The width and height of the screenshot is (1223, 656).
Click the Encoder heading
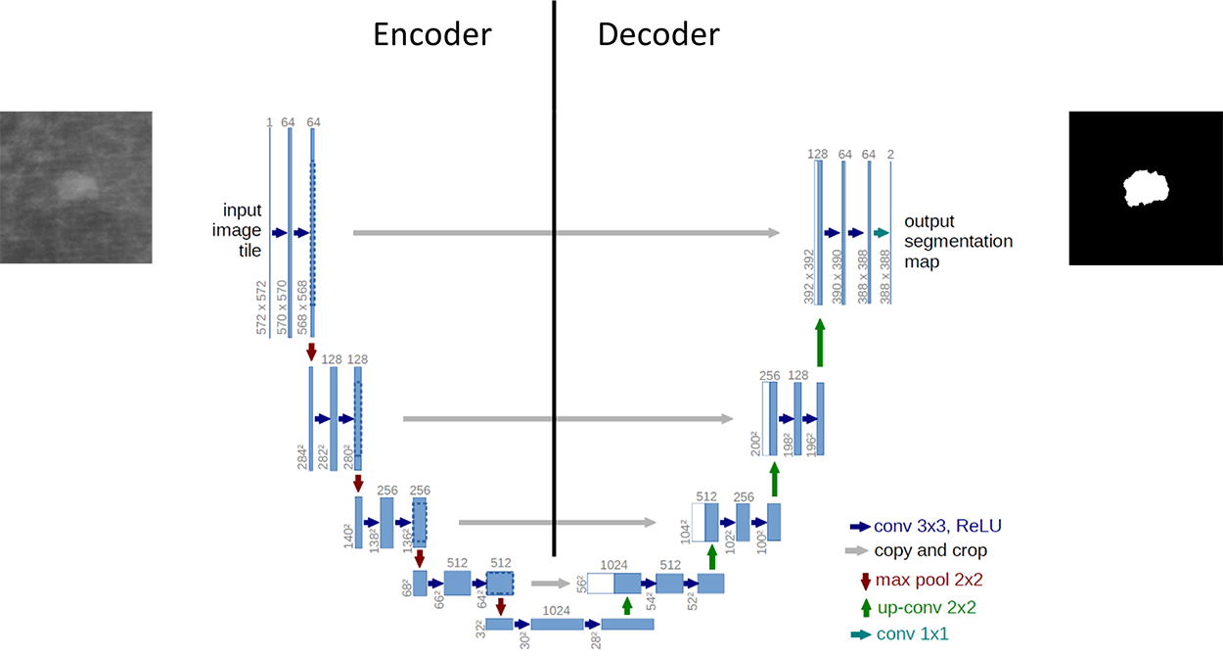point(431,35)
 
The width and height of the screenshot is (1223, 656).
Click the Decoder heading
point(658,35)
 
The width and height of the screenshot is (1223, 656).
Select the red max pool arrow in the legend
point(865,580)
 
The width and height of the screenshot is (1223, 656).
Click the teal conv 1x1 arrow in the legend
point(861,634)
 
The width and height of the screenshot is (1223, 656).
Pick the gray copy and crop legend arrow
point(860,551)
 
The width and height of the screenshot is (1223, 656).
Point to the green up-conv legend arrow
point(865,607)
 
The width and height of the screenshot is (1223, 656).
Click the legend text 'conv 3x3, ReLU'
point(938,526)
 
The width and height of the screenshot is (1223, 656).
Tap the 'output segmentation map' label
point(958,241)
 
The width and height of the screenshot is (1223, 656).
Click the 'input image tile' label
point(242,230)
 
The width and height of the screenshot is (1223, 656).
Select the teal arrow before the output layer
point(881,233)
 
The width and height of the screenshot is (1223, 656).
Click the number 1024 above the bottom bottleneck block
point(556,610)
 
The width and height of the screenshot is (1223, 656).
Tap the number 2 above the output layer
point(890,154)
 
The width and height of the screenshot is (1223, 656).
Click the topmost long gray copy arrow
point(566,233)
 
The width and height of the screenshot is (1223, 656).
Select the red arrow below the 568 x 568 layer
point(312,351)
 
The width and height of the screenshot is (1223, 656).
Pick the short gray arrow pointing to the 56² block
point(551,584)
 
